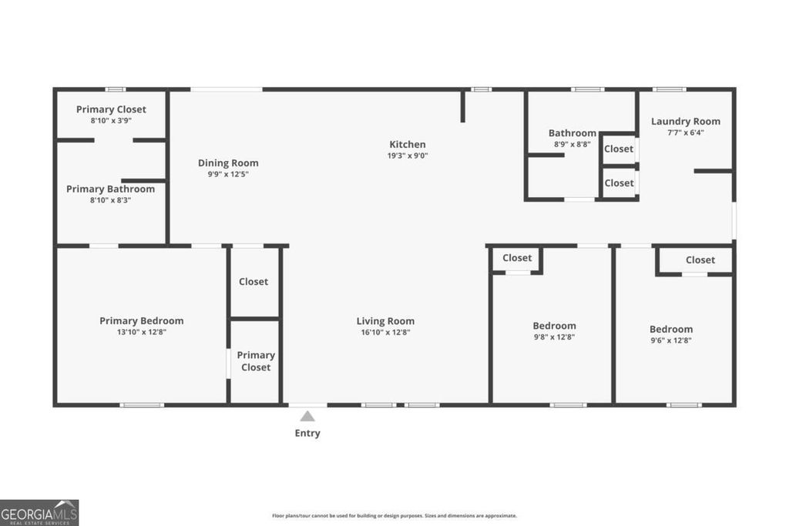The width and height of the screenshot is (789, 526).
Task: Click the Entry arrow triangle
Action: point(307,417)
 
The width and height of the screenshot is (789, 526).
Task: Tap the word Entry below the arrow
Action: point(307,433)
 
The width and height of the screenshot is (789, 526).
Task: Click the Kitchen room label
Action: point(407,144)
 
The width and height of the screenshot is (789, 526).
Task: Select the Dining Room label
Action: point(228,162)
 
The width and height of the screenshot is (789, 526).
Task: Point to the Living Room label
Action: point(385,321)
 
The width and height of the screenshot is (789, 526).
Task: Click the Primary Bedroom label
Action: point(142,321)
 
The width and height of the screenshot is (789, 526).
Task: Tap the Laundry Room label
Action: point(686,121)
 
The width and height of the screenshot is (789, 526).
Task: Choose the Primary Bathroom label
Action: point(110,189)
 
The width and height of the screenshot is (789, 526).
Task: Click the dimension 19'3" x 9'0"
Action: point(408,156)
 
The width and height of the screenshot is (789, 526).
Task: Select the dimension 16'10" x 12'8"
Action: point(385,333)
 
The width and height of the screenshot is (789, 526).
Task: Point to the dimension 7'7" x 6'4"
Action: point(686,132)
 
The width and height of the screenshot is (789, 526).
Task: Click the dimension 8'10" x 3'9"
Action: point(111,121)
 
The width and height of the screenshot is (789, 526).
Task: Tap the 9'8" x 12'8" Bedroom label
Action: point(554,326)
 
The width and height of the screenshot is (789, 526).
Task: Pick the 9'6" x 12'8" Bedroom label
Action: point(671,329)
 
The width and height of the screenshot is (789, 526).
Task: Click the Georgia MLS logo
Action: point(39,512)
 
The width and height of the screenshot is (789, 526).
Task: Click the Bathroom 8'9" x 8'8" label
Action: point(572,133)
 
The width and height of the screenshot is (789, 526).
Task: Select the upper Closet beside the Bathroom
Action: point(619,149)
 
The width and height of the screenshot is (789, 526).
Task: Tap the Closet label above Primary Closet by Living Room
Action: point(253,282)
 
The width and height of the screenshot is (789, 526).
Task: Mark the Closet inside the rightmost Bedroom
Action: point(700,260)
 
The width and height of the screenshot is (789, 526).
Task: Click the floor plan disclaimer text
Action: point(394,516)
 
